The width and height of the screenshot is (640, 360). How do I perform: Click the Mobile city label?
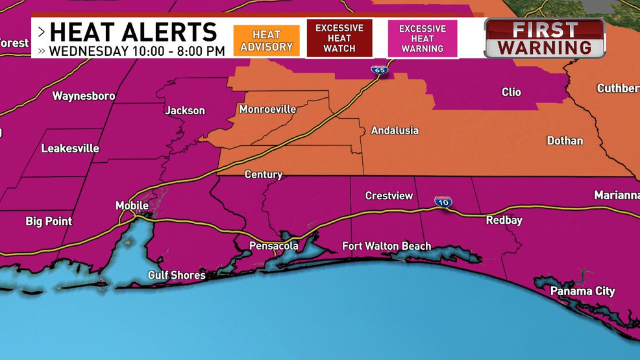132,206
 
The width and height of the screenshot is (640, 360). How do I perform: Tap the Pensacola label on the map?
274,246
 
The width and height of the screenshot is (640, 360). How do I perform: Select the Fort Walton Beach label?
386,246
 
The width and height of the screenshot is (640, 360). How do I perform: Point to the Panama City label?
582,291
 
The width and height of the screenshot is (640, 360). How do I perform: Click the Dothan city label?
565,141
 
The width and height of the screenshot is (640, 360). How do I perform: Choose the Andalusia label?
395,131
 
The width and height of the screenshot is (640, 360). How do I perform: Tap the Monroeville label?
267,110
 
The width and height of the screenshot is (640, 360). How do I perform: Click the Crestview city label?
389,196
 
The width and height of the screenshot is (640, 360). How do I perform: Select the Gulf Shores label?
177,276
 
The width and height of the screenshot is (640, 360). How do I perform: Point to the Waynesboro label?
84,96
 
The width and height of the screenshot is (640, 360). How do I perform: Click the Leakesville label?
70,149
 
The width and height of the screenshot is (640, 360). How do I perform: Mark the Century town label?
264,174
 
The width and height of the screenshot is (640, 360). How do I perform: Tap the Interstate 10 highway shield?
443,202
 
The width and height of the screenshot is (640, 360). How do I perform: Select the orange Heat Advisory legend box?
267,40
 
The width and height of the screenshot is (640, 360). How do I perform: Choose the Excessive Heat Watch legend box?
339,38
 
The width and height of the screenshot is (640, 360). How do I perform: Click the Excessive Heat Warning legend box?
423,38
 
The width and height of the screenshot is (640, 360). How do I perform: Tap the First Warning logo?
545,38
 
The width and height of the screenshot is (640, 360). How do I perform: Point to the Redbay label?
504,221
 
